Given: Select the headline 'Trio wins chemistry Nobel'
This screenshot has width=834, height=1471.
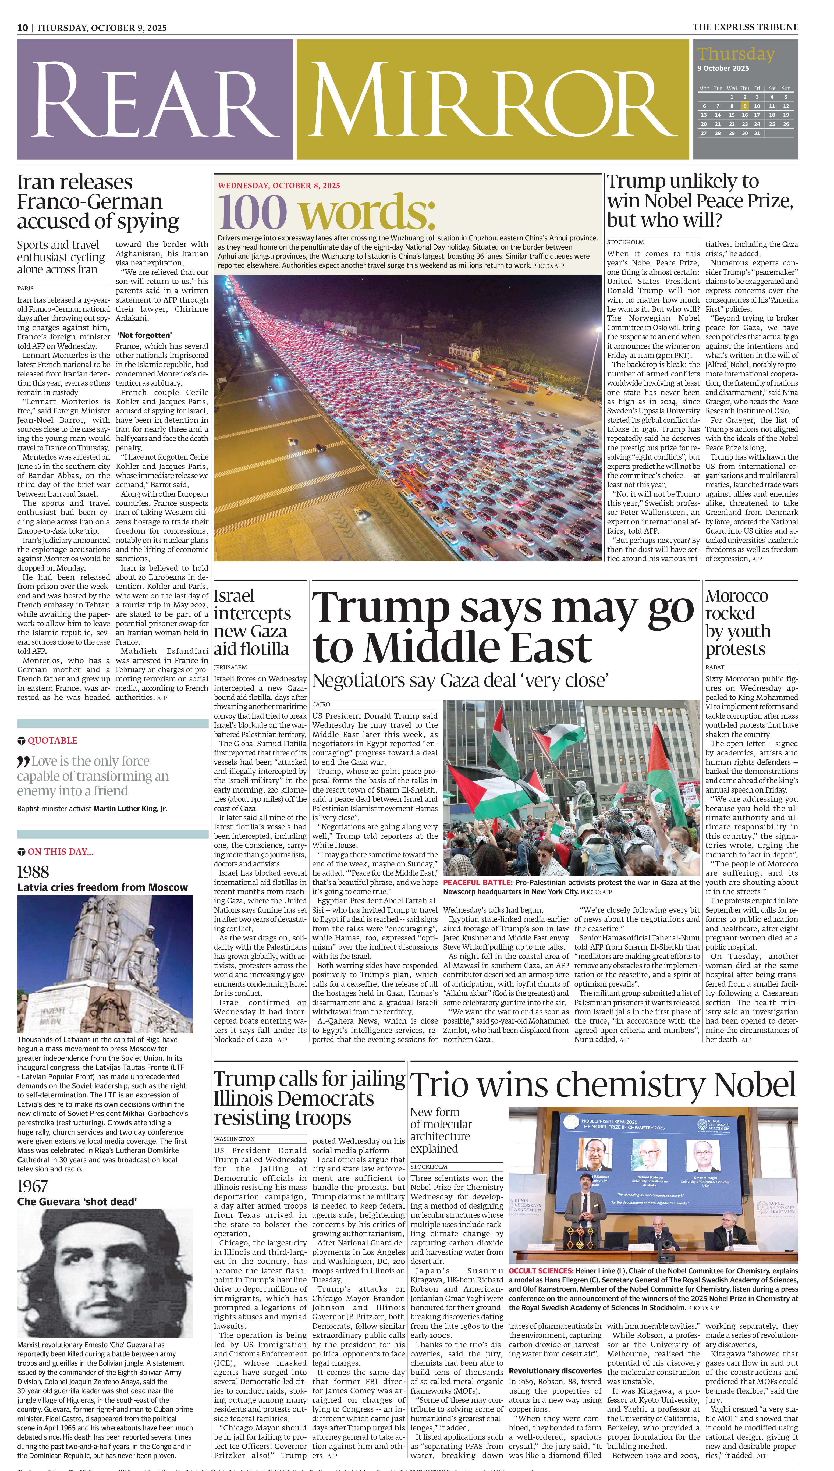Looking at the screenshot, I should [603, 1084].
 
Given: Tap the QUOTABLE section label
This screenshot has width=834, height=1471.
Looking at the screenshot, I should [52, 740].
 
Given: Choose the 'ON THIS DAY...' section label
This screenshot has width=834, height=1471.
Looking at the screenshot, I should [60, 851].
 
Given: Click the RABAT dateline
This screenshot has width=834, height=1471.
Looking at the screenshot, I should [715, 667].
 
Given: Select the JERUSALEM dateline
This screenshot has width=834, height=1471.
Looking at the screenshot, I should [230, 667].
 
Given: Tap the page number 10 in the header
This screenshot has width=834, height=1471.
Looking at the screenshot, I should [22, 27].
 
